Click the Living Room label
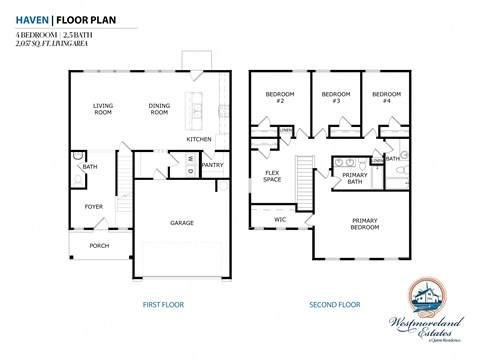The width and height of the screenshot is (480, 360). pyautogui.click(x=102, y=110)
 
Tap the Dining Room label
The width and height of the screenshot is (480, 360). pyautogui.click(x=158, y=110)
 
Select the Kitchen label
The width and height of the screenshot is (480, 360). pyautogui.click(x=198, y=139)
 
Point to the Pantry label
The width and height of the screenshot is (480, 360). pyautogui.click(x=212, y=165)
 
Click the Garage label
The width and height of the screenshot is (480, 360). pyautogui.click(x=181, y=222)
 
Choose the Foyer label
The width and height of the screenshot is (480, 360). pyautogui.click(x=93, y=207)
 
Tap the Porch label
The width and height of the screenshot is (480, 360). pyautogui.click(x=99, y=245)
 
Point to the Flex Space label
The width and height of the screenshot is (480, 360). pyautogui.click(x=272, y=177)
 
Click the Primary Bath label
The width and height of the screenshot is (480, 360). pyautogui.click(x=354, y=179)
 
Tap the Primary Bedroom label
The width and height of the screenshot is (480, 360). pyautogui.click(x=364, y=223)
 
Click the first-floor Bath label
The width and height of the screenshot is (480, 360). pyautogui.click(x=90, y=167)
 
